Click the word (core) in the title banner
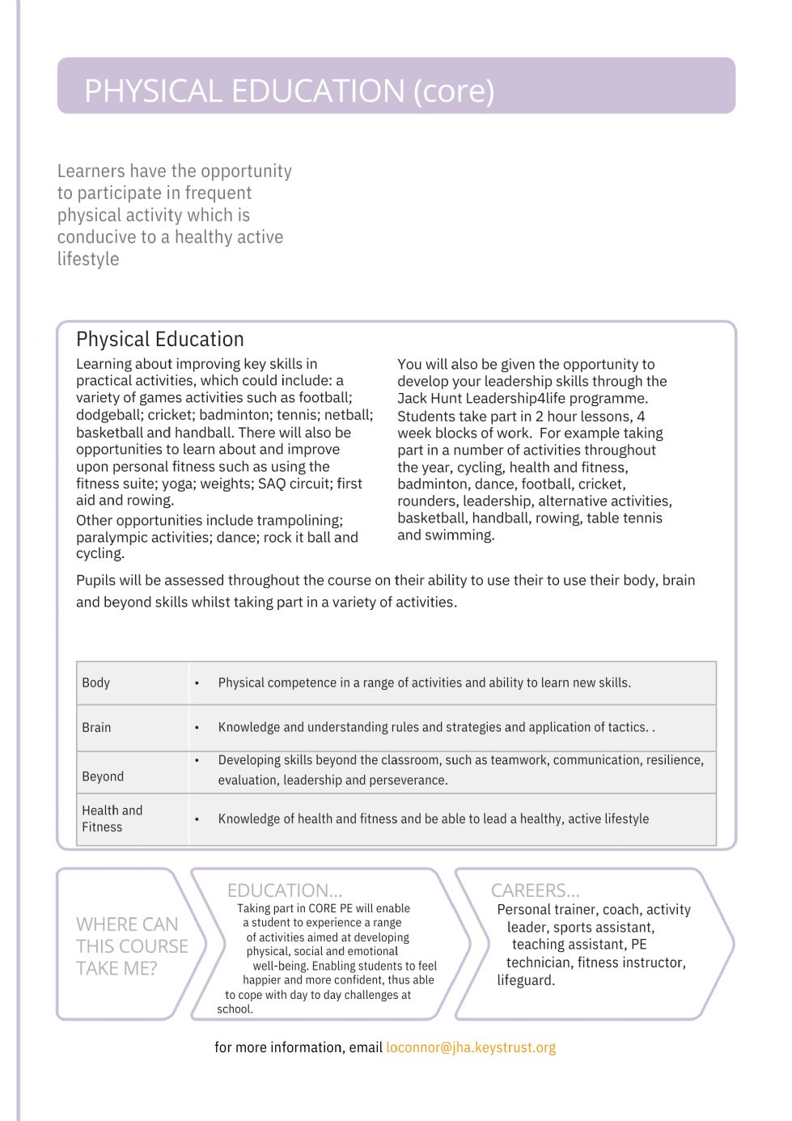[x=454, y=91]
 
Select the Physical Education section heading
[x=159, y=339]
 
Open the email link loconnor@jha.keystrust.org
[x=471, y=1047]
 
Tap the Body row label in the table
[x=95, y=683]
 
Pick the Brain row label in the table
[x=96, y=727]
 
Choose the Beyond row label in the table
[x=103, y=776]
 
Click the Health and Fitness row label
[x=112, y=819]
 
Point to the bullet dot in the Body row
[x=197, y=683]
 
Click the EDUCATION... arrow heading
[x=285, y=890]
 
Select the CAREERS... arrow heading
[x=535, y=890]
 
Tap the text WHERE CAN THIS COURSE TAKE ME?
[x=131, y=946]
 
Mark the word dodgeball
[x=109, y=415]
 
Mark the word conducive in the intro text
[x=97, y=237]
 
